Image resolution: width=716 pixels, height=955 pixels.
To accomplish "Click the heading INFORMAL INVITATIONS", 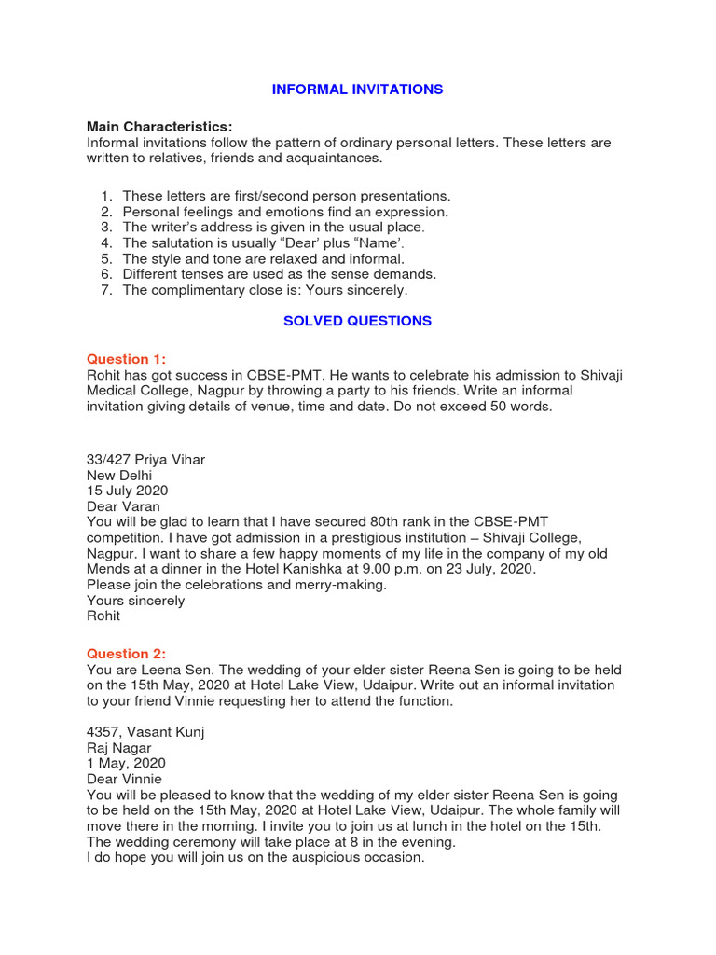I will [x=357, y=90].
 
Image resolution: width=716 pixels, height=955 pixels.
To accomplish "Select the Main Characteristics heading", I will [x=159, y=127].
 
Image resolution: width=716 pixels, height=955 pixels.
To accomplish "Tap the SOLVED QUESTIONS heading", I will [x=357, y=321].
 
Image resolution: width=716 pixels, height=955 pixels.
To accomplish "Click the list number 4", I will [x=106, y=242].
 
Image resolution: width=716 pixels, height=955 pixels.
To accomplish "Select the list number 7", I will [x=106, y=290].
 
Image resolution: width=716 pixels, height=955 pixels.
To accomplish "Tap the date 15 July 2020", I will [x=128, y=491].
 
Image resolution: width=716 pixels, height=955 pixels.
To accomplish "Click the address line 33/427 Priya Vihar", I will [x=145, y=459].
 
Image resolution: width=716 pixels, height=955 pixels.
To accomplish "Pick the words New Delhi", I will [x=119, y=475].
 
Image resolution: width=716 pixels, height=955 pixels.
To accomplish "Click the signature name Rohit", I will [x=103, y=616].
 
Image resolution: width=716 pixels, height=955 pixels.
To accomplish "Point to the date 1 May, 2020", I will [x=126, y=763].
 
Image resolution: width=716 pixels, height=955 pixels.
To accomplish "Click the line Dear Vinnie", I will [x=124, y=779].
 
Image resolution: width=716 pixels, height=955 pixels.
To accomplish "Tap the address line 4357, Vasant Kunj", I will [x=145, y=731].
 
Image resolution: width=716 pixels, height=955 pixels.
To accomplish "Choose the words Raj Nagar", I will [x=119, y=747].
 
